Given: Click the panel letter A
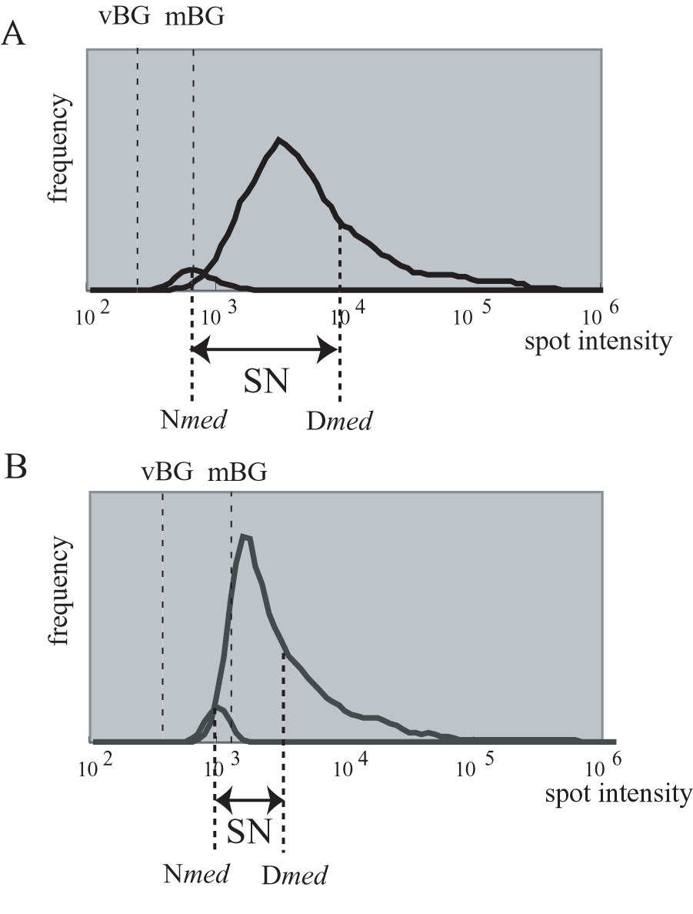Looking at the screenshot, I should [x=15, y=35].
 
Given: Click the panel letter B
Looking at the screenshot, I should [x=15, y=467].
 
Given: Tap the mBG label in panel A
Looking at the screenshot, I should [x=195, y=16].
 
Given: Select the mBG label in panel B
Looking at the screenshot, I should [x=238, y=472].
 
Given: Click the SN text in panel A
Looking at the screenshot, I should [x=266, y=381].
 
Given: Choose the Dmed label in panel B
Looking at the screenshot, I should [x=295, y=874].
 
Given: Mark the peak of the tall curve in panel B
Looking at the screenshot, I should [x=245, y=536].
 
